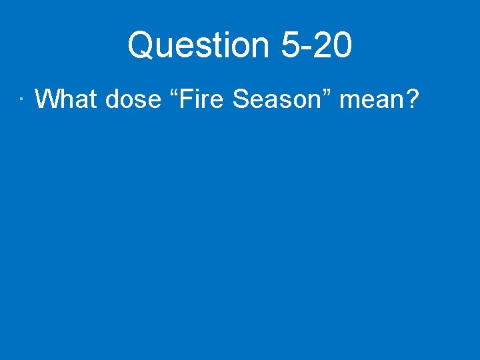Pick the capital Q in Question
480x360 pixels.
[141, 46]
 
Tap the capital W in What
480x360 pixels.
[47, 99]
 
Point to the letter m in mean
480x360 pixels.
[349, 101]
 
